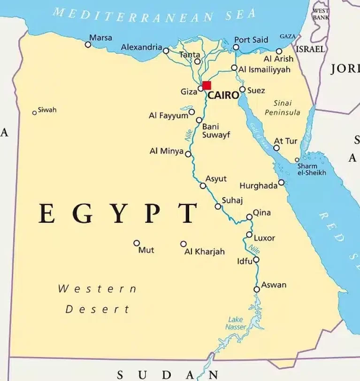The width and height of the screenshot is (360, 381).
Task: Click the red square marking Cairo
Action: pyautogui.click(x=207, y=85)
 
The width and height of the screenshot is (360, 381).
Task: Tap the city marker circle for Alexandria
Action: pyautogui.click(x=166, y=51)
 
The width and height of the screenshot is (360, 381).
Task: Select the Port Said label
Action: pyautogui.click(x=251, y=40)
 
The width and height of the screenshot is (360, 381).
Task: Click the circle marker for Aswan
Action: pyautogui.click(x=257, y=290)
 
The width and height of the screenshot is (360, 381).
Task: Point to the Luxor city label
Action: pyautogui.click(x=264, y=238)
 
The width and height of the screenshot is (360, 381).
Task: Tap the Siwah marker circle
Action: pyautogui.click(x=34, y=113)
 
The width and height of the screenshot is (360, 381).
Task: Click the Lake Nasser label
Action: pyautogui.click(x=236, y=323)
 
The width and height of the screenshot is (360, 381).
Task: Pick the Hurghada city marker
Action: pyautogui.click(x=281, y=183)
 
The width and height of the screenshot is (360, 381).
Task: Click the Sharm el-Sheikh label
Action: pyautogui.click(x=311, y=169)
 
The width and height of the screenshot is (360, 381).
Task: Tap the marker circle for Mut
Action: pyautogui.click(x=137, y=243)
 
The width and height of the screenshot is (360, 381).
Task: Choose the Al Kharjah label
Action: pyautogui.click(x=205, y=251)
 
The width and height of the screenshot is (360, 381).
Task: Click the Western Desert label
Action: pyautogui.click(x=97, y=299)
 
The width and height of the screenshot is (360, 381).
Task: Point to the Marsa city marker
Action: pyautogui.click(x=88, y=45)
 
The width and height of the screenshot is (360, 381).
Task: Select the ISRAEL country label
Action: pyautogui.click(x=310, y=49)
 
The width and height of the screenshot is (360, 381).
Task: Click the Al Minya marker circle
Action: pyautogui.click(x=188, y=154)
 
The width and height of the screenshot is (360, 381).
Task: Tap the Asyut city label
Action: pyautogui.click(x=216, y=179)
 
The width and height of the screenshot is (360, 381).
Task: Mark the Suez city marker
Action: pyautogui.click(x=242, y=89)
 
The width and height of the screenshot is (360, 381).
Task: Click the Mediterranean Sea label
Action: pyautogui.click(x=155, y=14)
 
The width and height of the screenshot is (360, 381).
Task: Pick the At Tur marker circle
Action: pyautogui.click(x=276, y=148)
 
